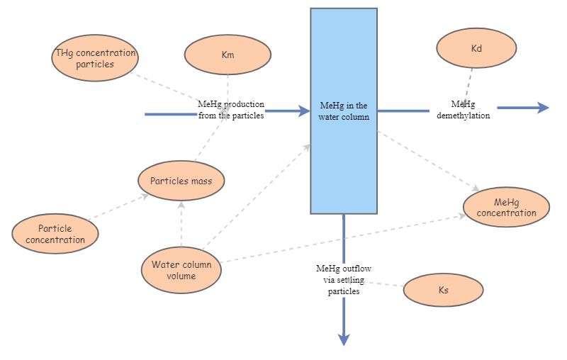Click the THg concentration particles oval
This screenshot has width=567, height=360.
point(96,58)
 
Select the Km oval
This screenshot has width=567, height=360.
point(228,54)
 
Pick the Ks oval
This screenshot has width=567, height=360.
point(443,290)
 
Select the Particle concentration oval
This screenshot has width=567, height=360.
point(55,234)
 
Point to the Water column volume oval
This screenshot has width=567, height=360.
point(181,270)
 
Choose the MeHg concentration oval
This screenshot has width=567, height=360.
point(506,208)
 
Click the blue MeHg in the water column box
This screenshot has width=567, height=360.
point(344,111)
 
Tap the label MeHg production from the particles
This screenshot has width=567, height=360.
point(231,110)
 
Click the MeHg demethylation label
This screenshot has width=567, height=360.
point(463,110)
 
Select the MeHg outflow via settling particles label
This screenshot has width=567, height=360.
point(344,279)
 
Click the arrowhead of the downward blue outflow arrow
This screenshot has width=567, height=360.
point(344,339)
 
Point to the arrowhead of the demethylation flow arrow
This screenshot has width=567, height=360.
point(542,108)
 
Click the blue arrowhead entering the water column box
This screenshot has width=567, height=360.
point(304,112)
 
